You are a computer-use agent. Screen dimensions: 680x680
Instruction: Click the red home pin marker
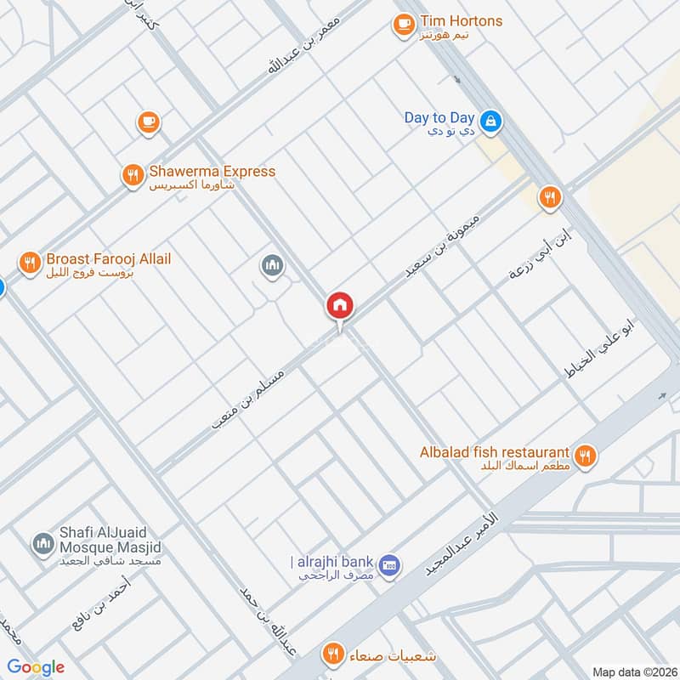point(340,306)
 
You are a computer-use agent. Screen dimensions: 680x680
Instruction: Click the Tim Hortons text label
point(461,21)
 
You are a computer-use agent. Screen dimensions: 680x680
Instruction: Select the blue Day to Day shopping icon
point(490,123)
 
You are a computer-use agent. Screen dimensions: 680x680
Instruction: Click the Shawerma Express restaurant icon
point(132,176)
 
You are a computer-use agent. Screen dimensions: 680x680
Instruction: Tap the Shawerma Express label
point(212,172)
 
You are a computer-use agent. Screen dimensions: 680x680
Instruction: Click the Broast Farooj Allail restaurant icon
point(30,263)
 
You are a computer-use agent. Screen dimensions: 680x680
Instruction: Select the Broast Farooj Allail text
point(109,258)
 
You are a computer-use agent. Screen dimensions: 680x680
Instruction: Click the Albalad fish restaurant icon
point(584,456)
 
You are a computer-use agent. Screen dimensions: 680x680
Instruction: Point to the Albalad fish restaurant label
point(494,452)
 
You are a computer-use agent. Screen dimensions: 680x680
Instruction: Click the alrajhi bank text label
point(332,562)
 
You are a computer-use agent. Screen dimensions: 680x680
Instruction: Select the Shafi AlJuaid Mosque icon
point(42,544)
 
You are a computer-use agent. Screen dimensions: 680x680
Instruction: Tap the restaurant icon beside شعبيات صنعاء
point(332,654)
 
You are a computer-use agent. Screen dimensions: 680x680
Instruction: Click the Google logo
point(36,667)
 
